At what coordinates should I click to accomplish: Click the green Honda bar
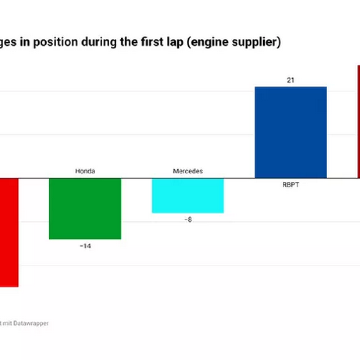coord(85,208)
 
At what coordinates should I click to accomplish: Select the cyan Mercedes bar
coord(188,195)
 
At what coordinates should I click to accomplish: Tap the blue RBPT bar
coord(291,132)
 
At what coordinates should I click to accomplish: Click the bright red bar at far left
coord(9,232)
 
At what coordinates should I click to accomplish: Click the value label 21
coord(290,81)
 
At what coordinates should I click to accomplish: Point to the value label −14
coord(85,246)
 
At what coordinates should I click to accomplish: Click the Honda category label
coord(85,172)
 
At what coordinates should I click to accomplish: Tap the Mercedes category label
coord(188,172)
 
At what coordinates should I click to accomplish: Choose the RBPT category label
coord(291,185)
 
